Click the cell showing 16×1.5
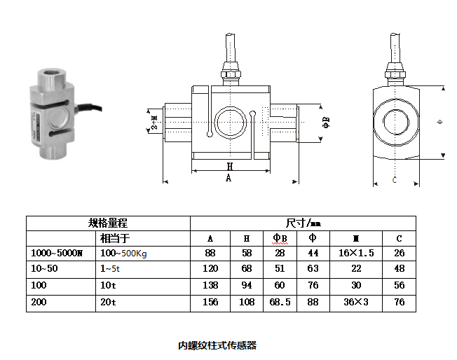(x=356, y=253)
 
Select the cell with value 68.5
(x=280, y=302)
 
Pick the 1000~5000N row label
(x=57, y=253)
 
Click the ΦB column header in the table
(x=280, y=238)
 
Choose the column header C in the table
(x=399, y=239)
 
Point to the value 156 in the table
(x=210, y=302)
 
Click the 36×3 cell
(x=356, y=302)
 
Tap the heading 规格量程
(x=108, y=223)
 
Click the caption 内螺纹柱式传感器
(x=217, y=345)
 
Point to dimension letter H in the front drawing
(x=230, y=166)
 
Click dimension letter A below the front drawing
(x=228, y=177)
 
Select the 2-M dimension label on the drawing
(x=155, y=122)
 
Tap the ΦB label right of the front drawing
(x=326, y=123)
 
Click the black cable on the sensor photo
(x=89, y=107)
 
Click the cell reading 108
(x=247, y=302)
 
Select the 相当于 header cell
(x=114, y=239)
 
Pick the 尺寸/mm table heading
(x=303, y=223)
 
